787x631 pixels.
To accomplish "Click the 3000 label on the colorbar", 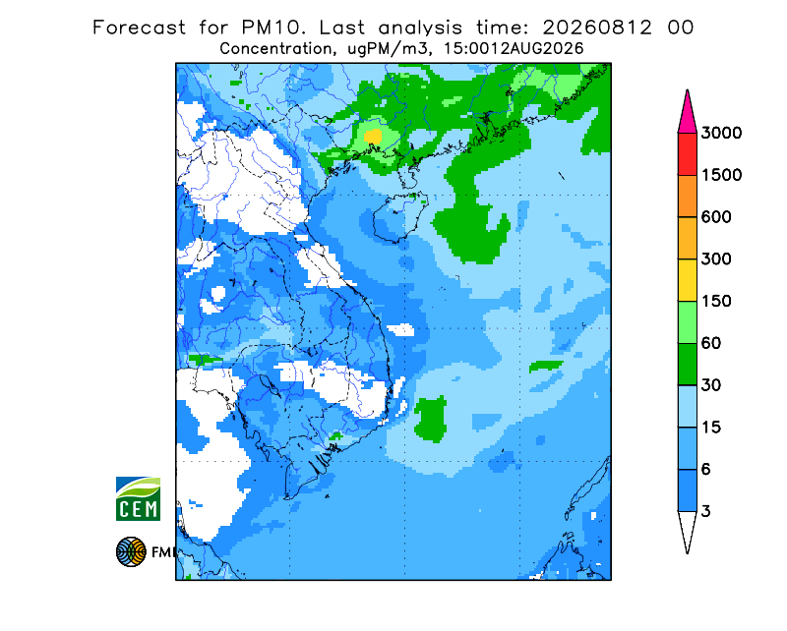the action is (x=721, y=133).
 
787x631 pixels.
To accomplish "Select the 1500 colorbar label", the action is (x=721, y=175).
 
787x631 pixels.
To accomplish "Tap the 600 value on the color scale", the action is (x=716, y=217).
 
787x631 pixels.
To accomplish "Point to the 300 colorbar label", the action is (x=716, y=259).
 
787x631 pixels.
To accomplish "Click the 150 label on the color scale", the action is (x=716, y=302).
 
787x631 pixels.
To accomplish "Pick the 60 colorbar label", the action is (x=711, y=344).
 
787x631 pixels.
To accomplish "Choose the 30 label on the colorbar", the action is (x=711, y=385).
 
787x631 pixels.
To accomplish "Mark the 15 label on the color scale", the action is (x=711, y=428).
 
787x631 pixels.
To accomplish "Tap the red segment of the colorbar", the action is (x=687, y=154).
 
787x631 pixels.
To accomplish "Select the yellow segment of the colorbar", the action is (x=687, y=280).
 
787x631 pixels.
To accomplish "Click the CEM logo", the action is (x=138, y=499).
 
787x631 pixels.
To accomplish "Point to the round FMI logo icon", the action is (x=131, y=551).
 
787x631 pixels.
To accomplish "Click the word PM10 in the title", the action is (x=273, y=28).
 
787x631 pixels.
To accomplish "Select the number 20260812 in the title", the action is (x=597, y=28).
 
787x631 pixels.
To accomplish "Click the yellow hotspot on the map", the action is (x=373, y=136).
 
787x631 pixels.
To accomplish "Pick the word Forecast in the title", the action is (x=139, y=28).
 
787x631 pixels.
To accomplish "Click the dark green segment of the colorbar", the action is (x=687, y=365).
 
